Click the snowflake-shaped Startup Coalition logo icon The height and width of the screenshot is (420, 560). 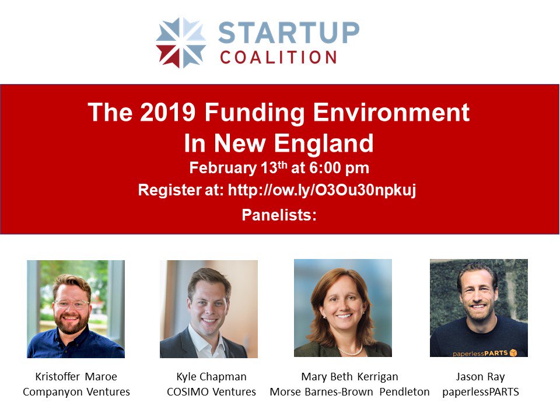[181, 43]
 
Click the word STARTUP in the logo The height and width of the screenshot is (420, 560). [289, 33]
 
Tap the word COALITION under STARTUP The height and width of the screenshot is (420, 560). [279, 57]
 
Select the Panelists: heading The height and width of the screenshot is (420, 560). [279, 215]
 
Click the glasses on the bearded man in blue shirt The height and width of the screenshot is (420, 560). [71, 304]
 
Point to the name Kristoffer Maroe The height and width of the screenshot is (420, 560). [76, 376]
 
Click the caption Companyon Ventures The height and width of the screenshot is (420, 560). [76, 391]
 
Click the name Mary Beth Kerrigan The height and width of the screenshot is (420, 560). [349, 376]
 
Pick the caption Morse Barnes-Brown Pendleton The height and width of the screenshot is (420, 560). [349, 391]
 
